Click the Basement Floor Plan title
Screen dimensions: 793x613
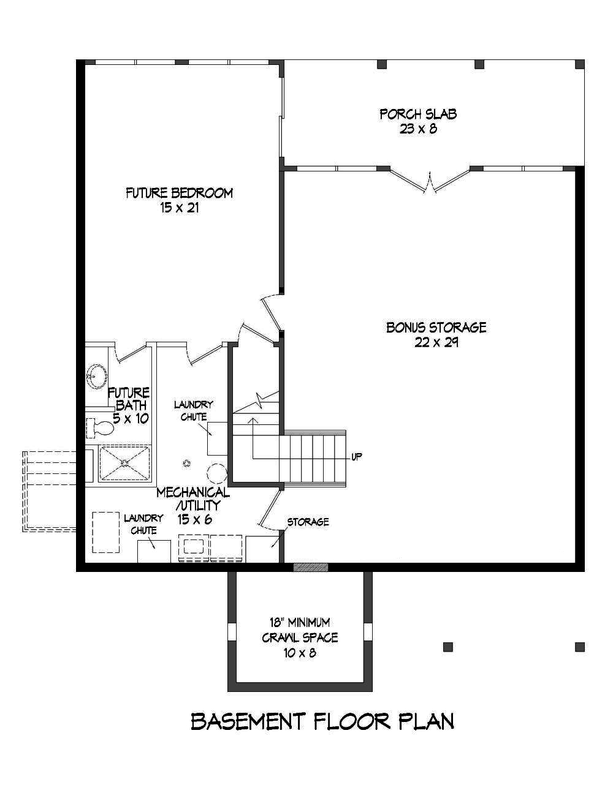coord(322,721)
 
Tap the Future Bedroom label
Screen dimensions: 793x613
coord(179,194)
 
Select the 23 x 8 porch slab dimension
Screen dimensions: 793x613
coord(417,129)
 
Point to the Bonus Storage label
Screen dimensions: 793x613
coord(436,328)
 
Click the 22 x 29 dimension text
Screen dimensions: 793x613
coord(436,342)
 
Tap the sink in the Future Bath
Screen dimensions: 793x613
coord(96,375)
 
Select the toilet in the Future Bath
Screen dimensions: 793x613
coord(99,427)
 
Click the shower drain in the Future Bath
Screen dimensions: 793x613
coord(125,463)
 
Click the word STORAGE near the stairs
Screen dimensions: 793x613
coord(308,522)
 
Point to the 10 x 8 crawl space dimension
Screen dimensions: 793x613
coord(300,653)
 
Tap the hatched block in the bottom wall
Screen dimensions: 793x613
coord(311,567)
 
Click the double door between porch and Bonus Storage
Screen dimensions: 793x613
coord(430,181)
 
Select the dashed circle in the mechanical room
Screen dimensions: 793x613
coord(216,473)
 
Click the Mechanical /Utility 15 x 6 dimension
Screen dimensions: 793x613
coord(194,519)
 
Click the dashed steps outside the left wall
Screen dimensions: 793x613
coord(49,490)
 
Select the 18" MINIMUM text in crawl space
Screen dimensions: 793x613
coord(300,623)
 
